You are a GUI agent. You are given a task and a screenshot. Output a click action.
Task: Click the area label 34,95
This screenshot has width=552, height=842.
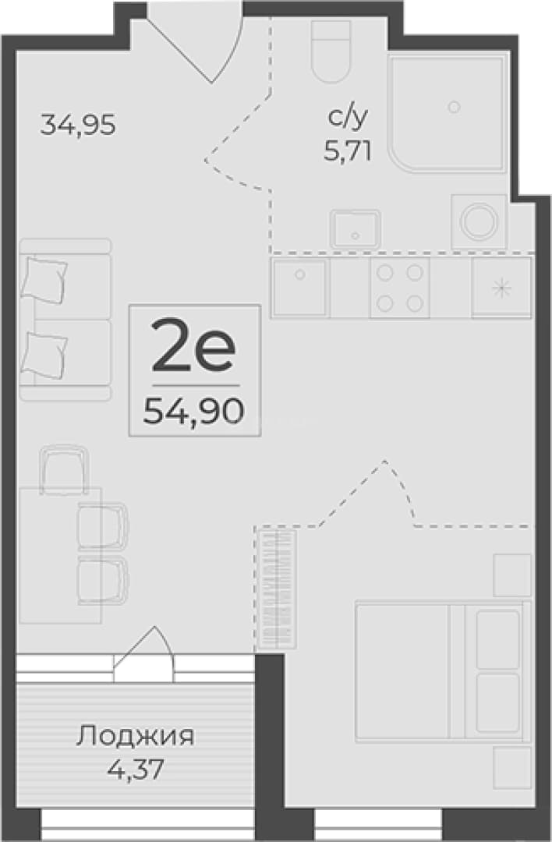click(79, 126)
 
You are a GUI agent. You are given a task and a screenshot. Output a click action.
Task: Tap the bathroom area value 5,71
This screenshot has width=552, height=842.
click(348, 153)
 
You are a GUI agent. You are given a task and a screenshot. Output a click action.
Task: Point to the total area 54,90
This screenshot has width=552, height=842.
click(194, 412)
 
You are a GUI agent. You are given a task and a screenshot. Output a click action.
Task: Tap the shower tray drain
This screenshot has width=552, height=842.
click(455, 107)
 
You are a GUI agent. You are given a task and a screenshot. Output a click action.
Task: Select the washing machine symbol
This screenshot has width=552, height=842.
click(479, 221)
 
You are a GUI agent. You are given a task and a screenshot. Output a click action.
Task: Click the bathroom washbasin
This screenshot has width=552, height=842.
click(356, 229)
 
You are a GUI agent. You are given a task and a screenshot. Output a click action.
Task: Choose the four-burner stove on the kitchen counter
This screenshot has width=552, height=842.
click(399, 288)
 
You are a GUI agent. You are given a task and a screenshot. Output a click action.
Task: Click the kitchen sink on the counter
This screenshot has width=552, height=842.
click(299, 288)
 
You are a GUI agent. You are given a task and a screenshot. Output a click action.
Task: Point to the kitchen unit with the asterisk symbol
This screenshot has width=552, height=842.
click(501, 288)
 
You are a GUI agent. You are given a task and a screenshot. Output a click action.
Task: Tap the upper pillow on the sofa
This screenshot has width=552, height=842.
click(44, 280)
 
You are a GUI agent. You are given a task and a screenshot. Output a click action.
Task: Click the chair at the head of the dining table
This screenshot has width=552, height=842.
click(65, 469)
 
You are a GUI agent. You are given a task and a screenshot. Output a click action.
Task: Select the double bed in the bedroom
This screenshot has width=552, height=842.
click(443, 672)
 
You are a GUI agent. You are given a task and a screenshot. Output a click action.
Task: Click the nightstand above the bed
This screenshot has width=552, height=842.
click(512, 575)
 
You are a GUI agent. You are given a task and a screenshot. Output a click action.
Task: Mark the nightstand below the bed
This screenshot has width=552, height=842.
click(512, 768)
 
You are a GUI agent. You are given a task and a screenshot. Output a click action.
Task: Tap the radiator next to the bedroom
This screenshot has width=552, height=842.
click(277, 589)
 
